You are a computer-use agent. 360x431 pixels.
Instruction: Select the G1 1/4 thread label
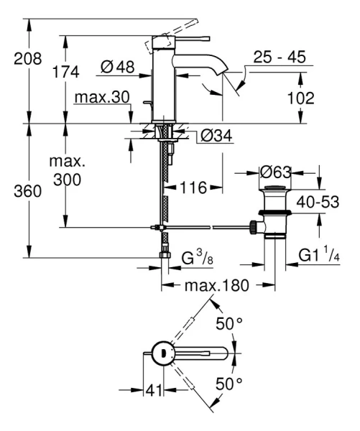point(320,254)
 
